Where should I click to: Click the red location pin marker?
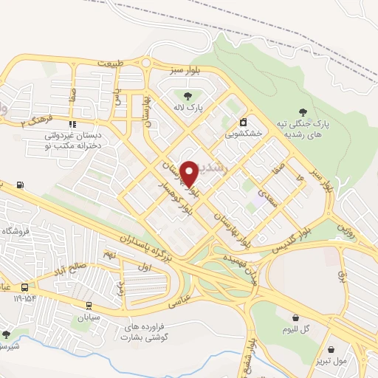(x=189, y=173)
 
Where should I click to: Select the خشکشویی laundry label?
(x=243, y=134)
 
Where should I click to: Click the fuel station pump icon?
(x=19, y=185)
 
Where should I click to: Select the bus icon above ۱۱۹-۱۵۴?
(x=25, y=286)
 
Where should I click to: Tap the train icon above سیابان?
(x=89, y=304)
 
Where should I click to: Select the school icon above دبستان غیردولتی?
(x=72, y=124)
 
